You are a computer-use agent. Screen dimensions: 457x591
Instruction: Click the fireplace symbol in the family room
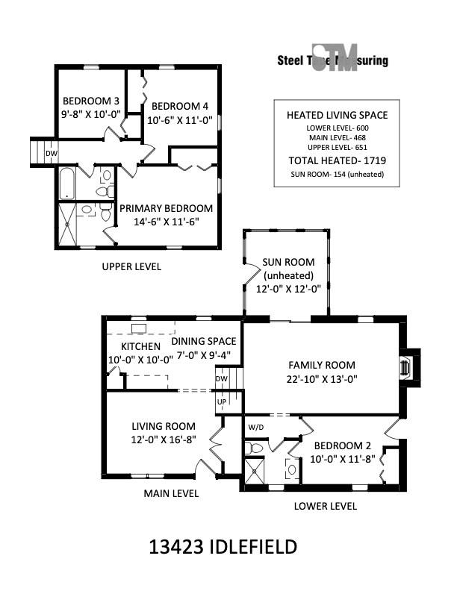click(x=405, y=367)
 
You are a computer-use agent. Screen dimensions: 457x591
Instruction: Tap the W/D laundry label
click(x=255, y=427)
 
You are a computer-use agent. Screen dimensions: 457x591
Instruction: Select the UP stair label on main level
click(x=222, y=401)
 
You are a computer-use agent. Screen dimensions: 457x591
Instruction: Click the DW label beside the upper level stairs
click(x=52, y=154)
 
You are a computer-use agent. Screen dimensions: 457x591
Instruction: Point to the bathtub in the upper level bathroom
click(x=67, y=184)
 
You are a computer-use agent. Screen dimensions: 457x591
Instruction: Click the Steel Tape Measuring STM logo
click(x=332, y=57)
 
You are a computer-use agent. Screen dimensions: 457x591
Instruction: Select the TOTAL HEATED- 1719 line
click(x=337, y=160)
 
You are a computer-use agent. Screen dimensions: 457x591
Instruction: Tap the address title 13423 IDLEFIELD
click(x=223, y=547)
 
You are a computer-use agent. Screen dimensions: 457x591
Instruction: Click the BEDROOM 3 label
click(x=91, y=101)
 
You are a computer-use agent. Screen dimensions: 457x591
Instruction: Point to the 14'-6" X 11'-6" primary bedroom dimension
click(x=167, y=221)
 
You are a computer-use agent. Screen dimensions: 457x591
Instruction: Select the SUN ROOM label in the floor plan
click(x=288, y=262)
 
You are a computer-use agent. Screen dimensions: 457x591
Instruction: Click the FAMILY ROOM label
click(x=322, y=365)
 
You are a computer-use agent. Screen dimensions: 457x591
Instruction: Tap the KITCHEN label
click(x=140, y=346)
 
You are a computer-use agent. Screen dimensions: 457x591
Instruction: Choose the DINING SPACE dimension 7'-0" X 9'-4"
click(x=204, y=354)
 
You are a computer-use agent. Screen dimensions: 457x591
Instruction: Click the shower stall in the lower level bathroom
click(x=255, y=470)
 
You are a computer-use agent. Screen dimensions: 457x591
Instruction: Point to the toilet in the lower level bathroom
click(x=254, y=448)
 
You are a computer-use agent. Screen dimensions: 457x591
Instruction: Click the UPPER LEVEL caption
click(x=131, y=266)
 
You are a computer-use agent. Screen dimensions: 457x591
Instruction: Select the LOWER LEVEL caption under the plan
click(x=326, y=506)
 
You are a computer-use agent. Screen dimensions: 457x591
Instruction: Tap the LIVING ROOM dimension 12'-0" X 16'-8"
click(x=164, y=440)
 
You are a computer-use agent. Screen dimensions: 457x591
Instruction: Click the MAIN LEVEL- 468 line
click(x=337, y=137)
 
